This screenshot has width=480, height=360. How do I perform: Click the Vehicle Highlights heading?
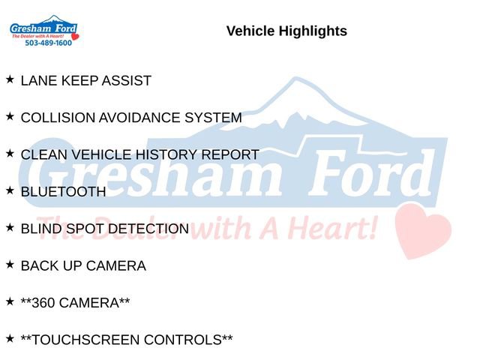tap(286, 31)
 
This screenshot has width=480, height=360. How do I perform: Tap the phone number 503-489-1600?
tap(48, 43)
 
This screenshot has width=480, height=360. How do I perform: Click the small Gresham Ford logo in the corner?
tap(43, 30)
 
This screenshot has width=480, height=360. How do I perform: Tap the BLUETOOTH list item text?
tap(63, 192)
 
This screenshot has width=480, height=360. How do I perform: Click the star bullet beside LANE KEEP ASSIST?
tap(10, 79)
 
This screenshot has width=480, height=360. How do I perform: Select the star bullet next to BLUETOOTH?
tap(10, 190)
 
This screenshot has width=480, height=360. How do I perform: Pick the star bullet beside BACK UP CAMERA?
tap(10, 264)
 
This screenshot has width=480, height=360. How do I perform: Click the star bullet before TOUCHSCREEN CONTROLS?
tap(10, 338)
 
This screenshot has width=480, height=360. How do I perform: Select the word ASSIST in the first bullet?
tap(127, 81)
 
